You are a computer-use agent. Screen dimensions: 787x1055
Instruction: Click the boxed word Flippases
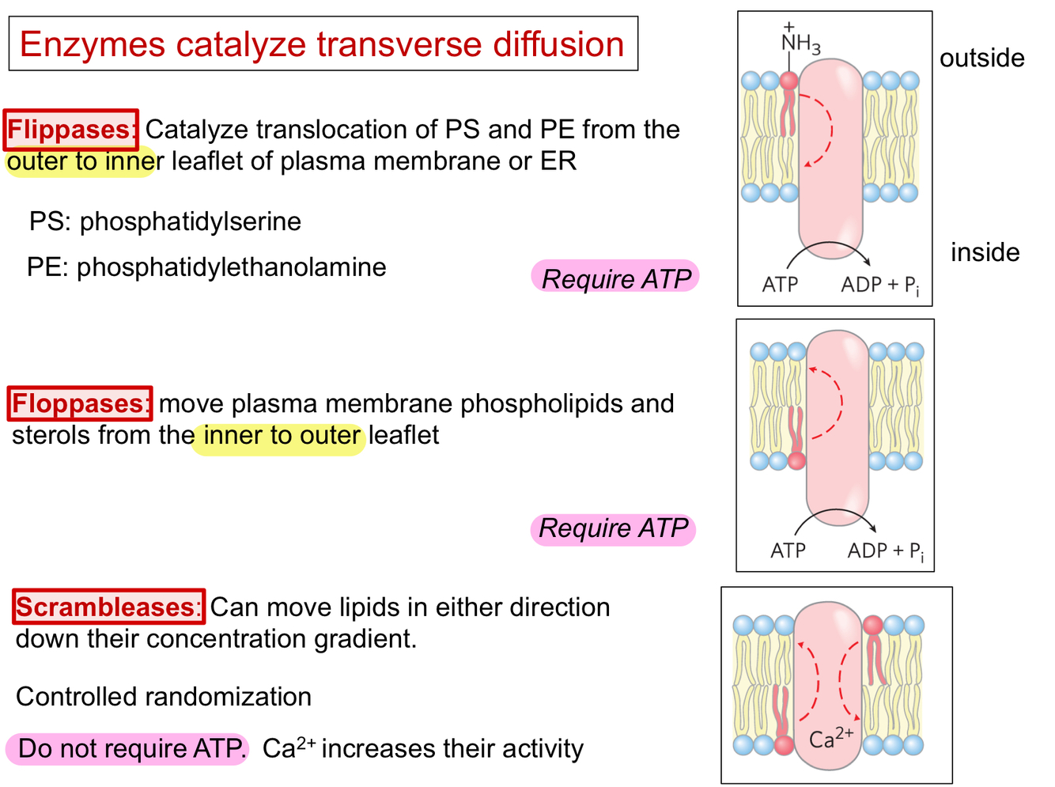(x=71, y=130)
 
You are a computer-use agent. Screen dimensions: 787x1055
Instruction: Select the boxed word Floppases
(x=80, y=403)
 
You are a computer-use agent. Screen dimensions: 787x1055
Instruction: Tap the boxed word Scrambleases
(x=109, y=607)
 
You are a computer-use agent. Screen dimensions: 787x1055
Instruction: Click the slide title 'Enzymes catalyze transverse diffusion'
(x=322, y=44)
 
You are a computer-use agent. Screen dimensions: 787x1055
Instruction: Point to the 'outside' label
(x=981, y=58)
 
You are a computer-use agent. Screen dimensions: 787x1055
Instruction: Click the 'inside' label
(x=985, y=252)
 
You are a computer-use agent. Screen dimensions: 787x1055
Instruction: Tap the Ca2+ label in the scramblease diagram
(x=830, y=737)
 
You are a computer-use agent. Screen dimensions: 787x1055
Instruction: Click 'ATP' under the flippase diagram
(x=780, y=285)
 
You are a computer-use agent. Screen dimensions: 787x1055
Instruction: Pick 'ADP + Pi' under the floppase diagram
(x=885, y=551)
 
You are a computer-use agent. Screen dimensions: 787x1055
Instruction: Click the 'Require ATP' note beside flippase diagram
(x=615, y=278)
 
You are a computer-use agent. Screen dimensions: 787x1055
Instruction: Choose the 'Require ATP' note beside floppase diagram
(x=613, y=528)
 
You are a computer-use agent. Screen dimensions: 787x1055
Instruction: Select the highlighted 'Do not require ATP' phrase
(x=128, y=748)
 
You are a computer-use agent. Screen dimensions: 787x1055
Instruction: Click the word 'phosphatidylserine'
(x=190, y=221)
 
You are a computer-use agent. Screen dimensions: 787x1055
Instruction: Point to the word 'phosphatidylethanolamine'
(x=231, y=267)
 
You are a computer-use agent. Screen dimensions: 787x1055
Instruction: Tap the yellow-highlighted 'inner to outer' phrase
(x=281, y=436)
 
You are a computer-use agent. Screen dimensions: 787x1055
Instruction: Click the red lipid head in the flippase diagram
(x=788, y=81)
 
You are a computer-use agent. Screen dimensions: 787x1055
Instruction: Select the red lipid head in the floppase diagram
(x=796, y=460)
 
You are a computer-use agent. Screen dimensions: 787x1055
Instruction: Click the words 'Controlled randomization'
(x=164, y=697)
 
